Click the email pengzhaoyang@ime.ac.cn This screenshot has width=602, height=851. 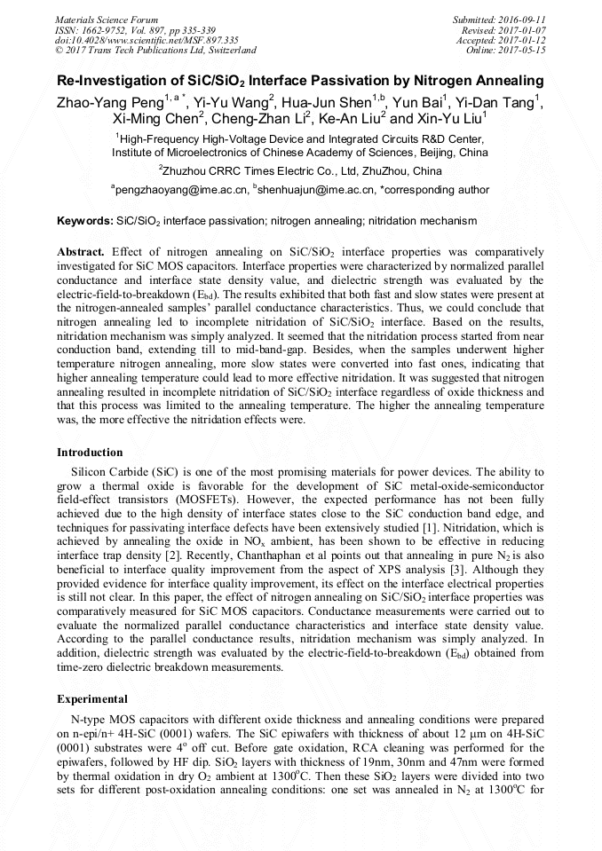pos(178,189)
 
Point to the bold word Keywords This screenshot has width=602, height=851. pos(84,220)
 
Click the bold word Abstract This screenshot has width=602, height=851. pos(82,252)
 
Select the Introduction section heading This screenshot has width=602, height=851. pos(90,453)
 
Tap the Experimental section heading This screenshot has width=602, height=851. pos(91,699)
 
